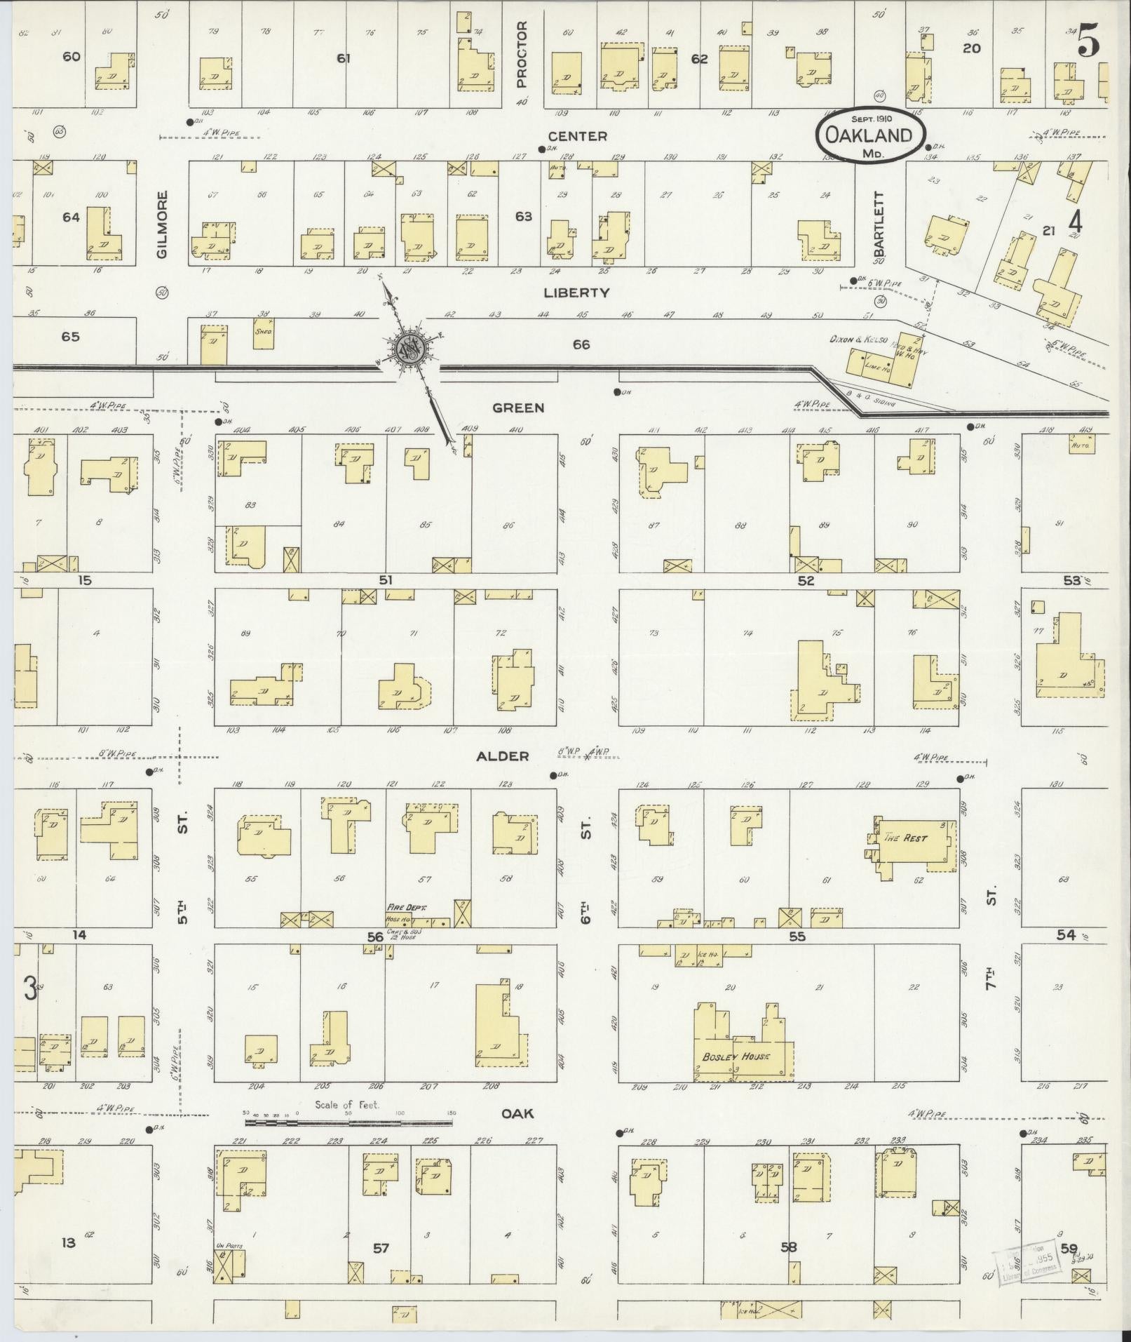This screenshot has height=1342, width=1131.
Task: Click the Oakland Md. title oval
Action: click(869, 137)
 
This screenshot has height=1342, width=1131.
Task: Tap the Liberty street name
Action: click(577, 293)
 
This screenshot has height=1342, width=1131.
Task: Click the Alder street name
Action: click(502, 756)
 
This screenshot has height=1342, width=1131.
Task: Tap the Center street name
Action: click(578, 136)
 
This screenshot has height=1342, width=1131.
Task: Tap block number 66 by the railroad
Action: click(581, 344)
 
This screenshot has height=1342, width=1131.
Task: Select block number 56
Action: click(375, 937)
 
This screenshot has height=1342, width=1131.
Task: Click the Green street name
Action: click(518, 408)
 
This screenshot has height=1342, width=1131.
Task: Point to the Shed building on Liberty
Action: click(264, 334)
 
